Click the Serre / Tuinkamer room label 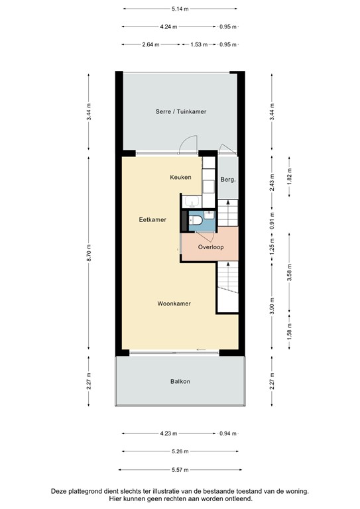181,111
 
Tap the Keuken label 180,177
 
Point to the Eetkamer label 152,219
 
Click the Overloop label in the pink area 211,247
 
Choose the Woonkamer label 174,304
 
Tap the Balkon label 180,381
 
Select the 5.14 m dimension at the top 180,9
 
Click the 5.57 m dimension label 180,470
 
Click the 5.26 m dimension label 180,452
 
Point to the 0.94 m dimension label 227,433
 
